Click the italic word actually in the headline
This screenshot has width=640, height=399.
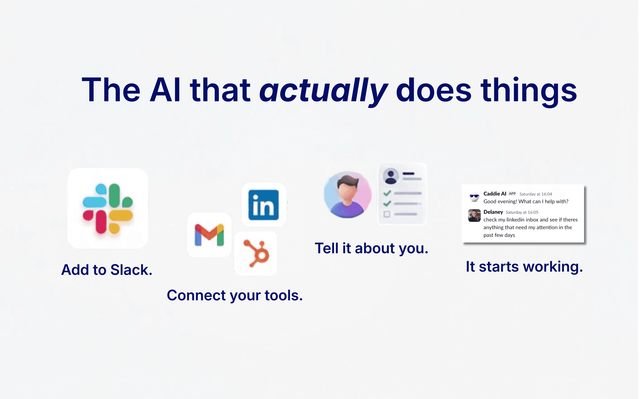[324, 91]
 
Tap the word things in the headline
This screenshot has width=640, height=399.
[529, 91]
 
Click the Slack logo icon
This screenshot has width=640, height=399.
[108, 209]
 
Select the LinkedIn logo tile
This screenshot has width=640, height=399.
[264, 205]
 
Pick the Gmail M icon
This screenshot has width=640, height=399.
[210, 235]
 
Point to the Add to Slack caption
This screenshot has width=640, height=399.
[107, 270]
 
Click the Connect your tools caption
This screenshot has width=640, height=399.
[235, 296]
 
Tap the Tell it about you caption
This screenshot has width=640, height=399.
[371, 249]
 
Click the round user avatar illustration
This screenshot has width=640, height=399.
[348, 195]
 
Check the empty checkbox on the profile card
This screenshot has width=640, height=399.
[387, 214]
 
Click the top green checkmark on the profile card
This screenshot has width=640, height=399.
[387, 193]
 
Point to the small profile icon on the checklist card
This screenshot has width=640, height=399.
[391, 176]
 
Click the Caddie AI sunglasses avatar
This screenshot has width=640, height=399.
[474, 197]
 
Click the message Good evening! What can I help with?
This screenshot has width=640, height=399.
[526, 202]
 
